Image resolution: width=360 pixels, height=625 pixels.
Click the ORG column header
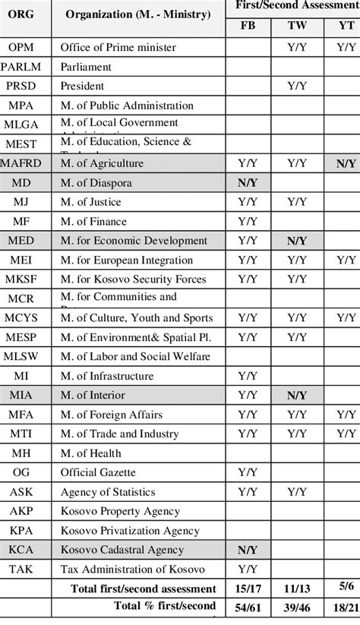(x=25, y=16)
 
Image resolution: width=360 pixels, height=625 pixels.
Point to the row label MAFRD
(x=25, y=163)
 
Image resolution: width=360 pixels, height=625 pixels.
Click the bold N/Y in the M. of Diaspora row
(x=248, y=183)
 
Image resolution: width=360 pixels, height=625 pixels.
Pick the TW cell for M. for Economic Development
(x=296, y=241)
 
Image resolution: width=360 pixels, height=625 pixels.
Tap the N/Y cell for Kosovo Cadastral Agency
(x=248, y=550)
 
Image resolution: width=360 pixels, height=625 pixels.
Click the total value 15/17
(x=248, y=589)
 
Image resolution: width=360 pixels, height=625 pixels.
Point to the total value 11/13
(x=296, y=589)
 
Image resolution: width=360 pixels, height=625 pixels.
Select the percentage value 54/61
(x=248, y=607)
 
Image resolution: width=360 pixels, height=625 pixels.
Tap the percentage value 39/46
(x=296, y=607)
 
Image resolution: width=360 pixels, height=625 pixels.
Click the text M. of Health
(x=90, y=453)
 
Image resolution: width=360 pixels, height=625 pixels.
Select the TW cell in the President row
(x=296, y=86)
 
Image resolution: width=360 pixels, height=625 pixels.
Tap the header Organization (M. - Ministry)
(x=139, y=16)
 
